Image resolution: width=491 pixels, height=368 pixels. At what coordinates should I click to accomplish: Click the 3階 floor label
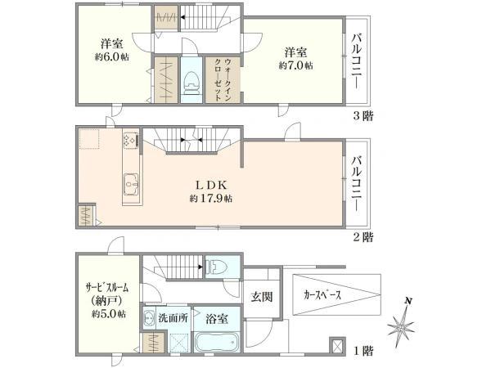pos(363,116)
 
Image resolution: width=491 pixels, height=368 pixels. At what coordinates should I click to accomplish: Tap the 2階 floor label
pos(363,237)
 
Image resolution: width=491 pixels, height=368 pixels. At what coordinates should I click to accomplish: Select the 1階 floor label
pos(363,351)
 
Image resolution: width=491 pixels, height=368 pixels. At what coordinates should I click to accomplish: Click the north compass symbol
pos(402,325)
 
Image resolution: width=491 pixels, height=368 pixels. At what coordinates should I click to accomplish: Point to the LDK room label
pos(211,185)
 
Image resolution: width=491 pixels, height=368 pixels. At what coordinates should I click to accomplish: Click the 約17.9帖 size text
pos(211,199)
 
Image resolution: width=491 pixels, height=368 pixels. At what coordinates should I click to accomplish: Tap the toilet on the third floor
pos(191,83)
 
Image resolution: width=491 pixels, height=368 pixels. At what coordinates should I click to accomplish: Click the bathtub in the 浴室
pos(217,343)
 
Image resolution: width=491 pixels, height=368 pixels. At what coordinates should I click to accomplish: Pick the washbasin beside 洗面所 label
pos(147,318)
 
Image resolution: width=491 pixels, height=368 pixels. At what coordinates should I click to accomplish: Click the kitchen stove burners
pos(130,140)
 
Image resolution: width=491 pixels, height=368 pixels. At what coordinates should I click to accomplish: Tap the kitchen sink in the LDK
pos(131,184)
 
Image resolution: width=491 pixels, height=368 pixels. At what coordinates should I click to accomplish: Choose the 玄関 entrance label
pos(262,297)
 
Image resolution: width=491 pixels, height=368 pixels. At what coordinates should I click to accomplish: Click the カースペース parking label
pos(322,295)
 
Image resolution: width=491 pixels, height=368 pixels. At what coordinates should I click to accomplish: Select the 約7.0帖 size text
pos(296,65)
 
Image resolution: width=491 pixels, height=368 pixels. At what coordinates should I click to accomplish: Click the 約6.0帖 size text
pos(112,57)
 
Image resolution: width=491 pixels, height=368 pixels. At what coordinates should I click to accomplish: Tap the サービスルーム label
pos(107,287)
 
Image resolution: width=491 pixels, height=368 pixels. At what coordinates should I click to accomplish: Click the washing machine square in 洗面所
pos(179,343)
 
